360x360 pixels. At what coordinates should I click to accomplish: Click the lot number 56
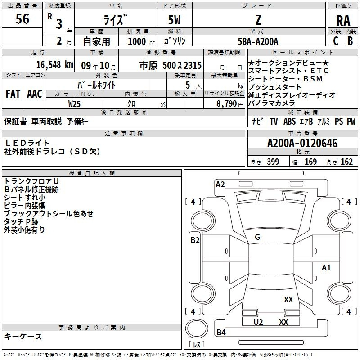(x=22, y=18)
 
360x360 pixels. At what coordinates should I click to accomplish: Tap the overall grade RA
(x=343, y=21)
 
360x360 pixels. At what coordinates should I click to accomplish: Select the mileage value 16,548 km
(x=55, y=65)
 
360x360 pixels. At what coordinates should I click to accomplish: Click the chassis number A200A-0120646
(x=302, y=143)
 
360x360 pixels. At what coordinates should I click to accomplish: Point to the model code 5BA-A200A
(x=258, y=41)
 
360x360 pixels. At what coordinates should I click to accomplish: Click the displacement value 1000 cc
(x=141, y=41)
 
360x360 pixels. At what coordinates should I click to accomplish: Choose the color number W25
(x=74, y=104)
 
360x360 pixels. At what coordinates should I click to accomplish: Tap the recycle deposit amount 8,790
(x=227, y=104)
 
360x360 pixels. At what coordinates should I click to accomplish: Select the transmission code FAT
(x=13, y=94)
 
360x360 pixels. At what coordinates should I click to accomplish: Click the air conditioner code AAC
(x=35, y=94)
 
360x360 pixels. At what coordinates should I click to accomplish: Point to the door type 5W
(x=174, y=20)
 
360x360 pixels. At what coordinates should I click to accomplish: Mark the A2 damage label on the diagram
(x=220, y=184)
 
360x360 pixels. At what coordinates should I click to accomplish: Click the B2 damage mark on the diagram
(x=195, y=240)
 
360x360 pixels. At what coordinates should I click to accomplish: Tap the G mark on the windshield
(x=257, y=237)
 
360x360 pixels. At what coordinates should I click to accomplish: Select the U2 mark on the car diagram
(x=258, y=322)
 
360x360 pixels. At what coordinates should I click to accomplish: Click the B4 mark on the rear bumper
(x=221, y=332)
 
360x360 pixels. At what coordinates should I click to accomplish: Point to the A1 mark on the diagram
(x=326, y=267)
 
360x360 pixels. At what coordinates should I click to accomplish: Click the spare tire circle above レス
(x=197, y=328)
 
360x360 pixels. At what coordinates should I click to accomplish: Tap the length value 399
(x=273, y=162)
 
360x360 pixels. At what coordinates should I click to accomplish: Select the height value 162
(x=346, y=162)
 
